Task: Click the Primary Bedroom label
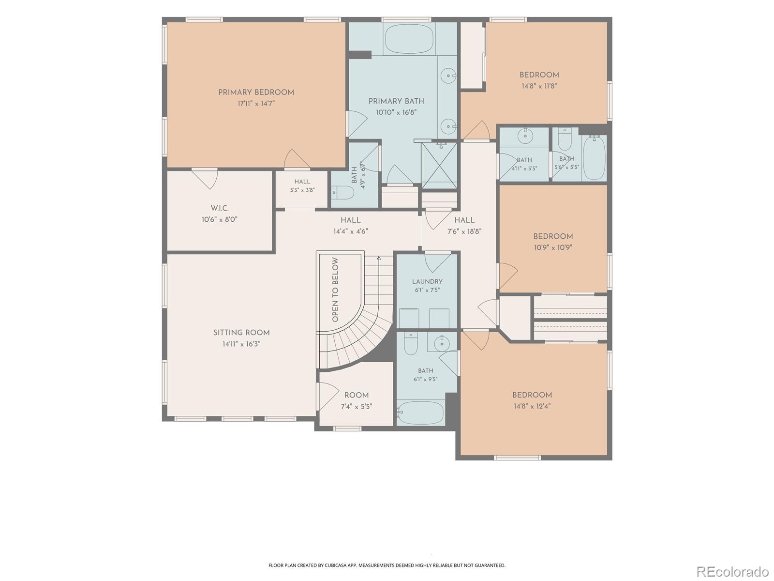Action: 256,92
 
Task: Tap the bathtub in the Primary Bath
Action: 409,38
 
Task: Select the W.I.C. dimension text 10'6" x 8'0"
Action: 219,219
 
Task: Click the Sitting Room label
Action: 241,333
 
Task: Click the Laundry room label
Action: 427,281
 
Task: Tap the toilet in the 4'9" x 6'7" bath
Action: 342,193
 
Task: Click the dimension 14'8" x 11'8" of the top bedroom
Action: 539,86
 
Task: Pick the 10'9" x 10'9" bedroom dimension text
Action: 553,247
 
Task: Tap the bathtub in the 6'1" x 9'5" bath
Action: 420,413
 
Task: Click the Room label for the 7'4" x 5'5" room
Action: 356,395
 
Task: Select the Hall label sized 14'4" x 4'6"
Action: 351,220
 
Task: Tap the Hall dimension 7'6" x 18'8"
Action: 464,232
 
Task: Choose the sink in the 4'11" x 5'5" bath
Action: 525,136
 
